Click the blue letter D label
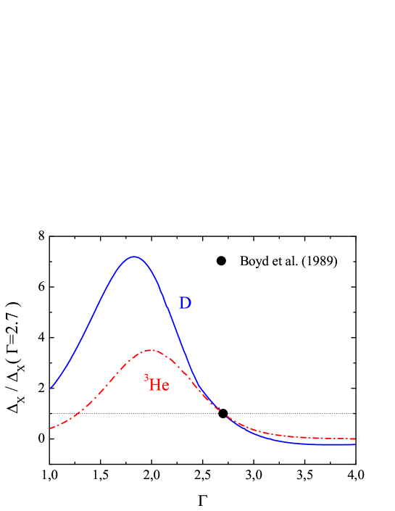185,304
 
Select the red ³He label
157,384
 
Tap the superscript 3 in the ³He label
146,378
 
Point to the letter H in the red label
154,385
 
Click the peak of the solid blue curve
133,257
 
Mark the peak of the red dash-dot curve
150,350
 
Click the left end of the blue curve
50,389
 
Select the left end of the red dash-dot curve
50,428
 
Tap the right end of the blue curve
354,444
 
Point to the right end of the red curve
354,439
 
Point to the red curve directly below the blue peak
133,357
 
